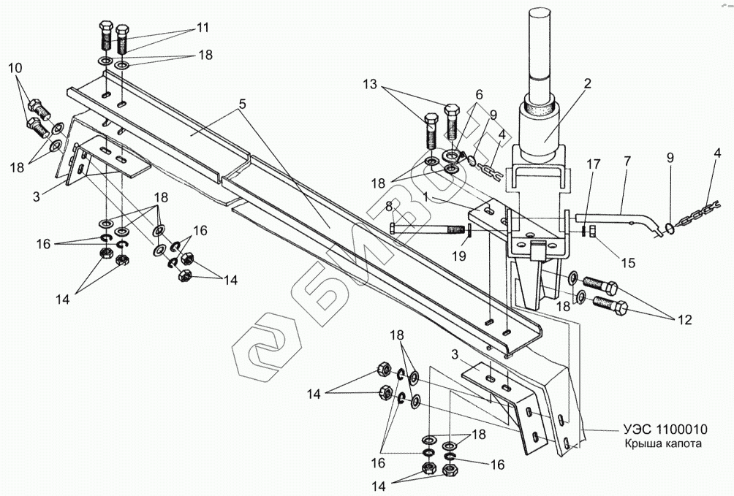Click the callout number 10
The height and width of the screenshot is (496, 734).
[x=15, y=68]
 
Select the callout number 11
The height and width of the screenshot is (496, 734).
[x=203, y=28]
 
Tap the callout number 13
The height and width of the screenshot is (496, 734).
[x=369, y=85]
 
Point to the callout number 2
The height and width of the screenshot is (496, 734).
[x=587, y=83]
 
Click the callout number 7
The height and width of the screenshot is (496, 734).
[x=479, y=94]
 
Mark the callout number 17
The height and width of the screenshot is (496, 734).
[x=627, y=161]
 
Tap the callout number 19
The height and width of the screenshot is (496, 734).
[x=460, y=256]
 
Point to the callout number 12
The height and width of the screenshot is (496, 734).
[x=684, y=320]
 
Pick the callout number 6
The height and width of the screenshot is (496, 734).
[x=479, y=94]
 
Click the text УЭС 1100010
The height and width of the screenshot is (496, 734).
[x=665, y=429]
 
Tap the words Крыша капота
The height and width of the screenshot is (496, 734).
[x=662, y=443]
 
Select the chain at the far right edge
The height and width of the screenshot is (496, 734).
[x=701, y=213]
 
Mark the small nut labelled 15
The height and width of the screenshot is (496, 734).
[x=591, y=231]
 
